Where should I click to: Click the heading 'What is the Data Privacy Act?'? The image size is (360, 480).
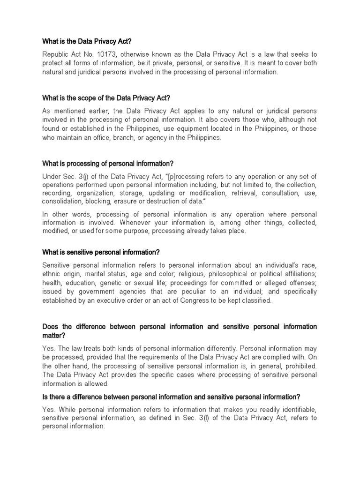tap(90, 41)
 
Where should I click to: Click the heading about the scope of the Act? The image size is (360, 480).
tap(106, 97)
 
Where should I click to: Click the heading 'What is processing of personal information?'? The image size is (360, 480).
tap(108, 163)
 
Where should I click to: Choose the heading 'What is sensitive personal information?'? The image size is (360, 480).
tap(101, 252)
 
